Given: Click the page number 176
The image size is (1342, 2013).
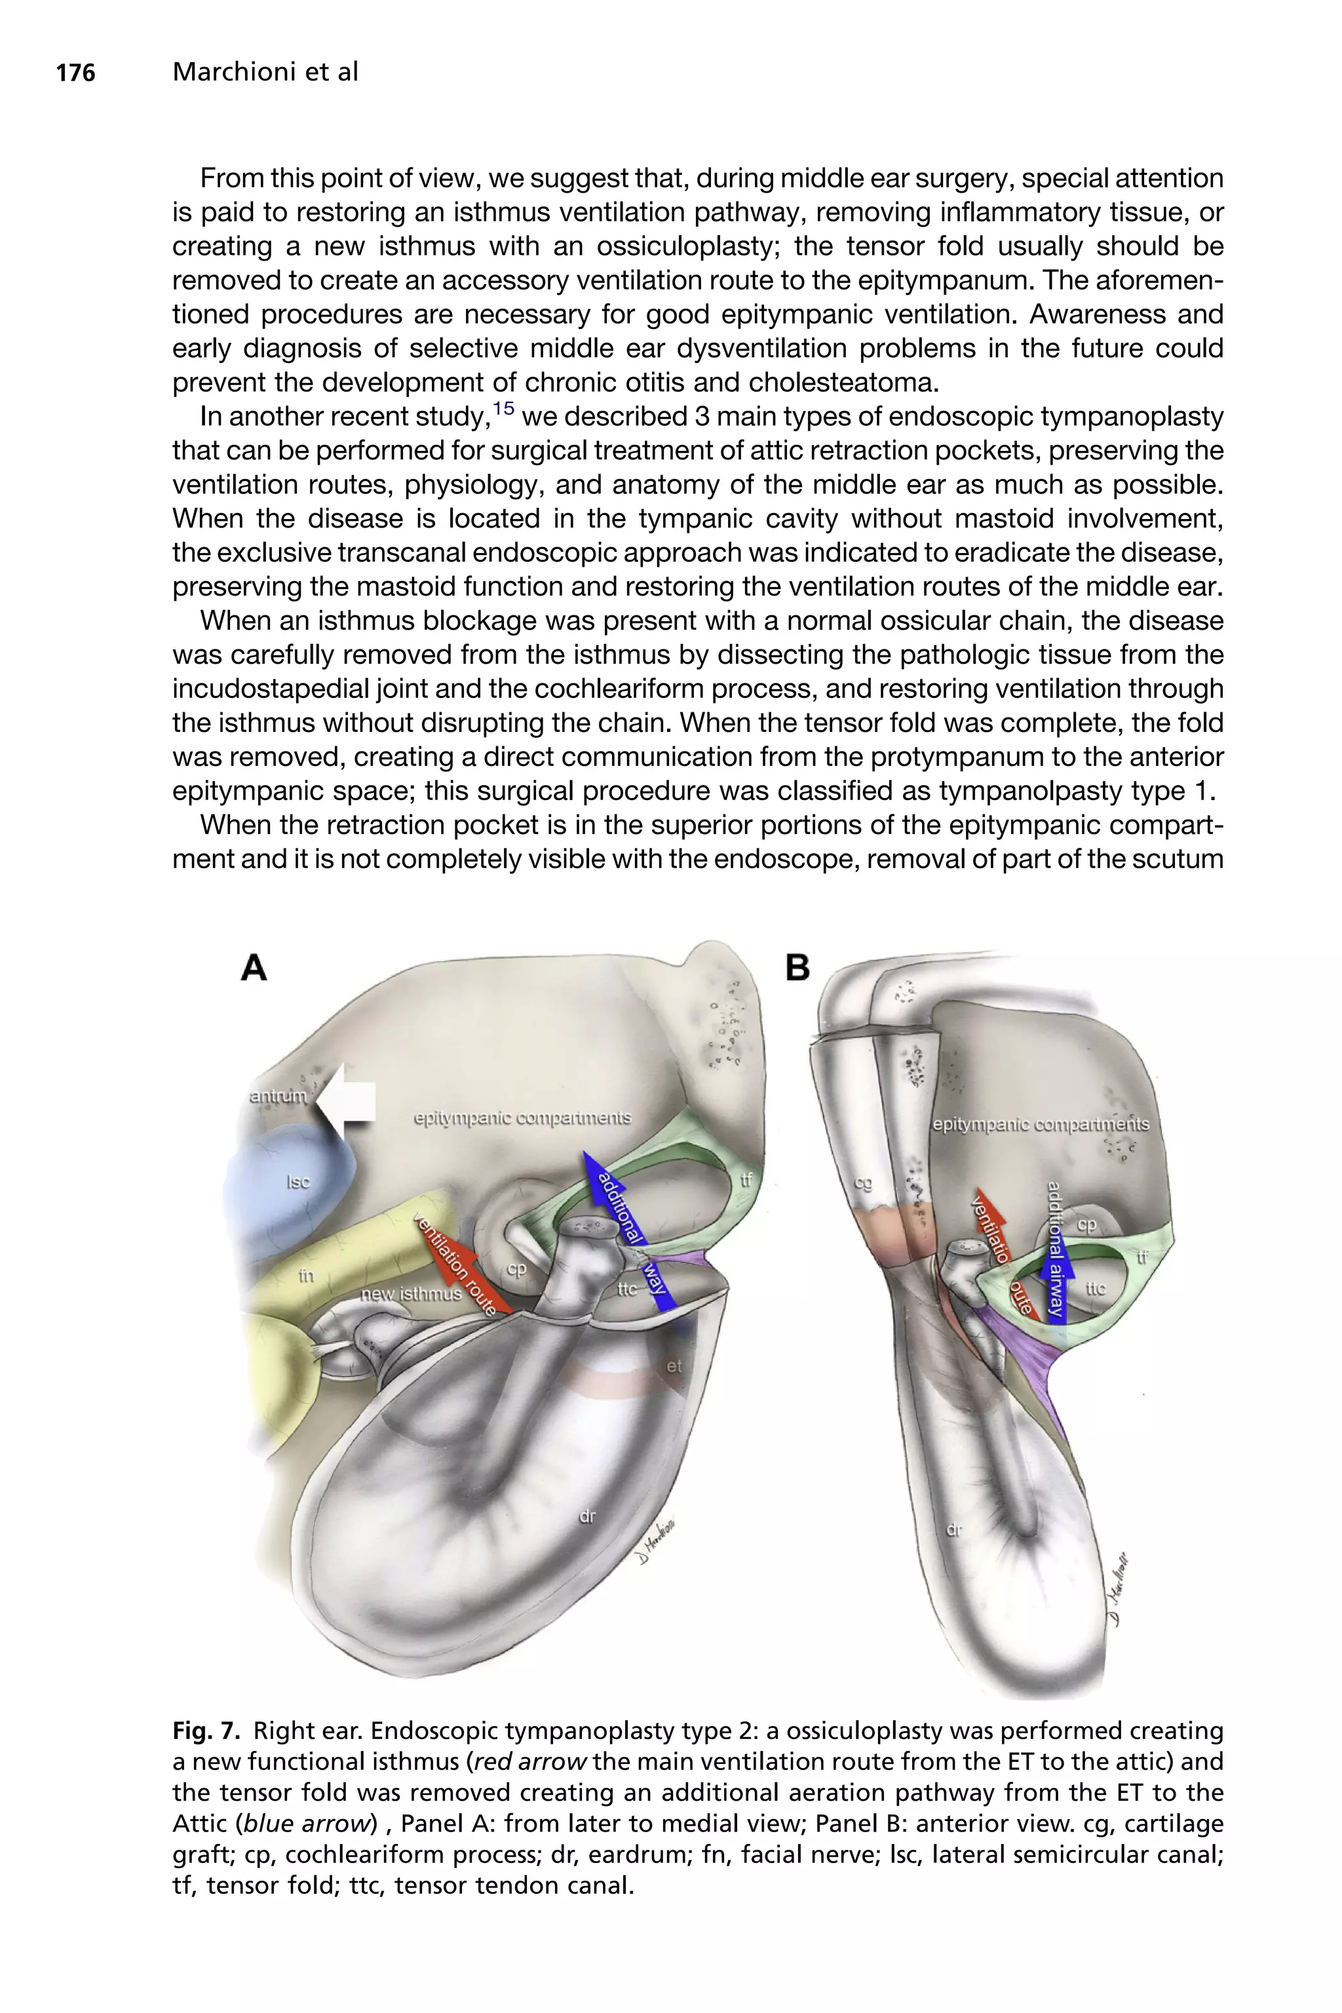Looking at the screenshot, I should (75, 73).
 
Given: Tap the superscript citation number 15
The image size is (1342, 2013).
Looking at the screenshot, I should (503, 408).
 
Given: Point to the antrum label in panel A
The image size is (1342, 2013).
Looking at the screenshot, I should (277, 1096).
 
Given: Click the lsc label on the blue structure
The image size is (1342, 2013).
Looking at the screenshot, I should (298, 1182).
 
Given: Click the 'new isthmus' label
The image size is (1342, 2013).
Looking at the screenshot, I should (411, 1294).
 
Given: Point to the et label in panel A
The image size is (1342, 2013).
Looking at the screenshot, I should (674, 1366).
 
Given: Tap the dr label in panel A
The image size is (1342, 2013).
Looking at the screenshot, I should (587, 1516).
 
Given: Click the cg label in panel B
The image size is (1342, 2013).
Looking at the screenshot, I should (863, 1183).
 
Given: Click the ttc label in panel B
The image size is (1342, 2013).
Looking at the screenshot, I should (1096, 1288).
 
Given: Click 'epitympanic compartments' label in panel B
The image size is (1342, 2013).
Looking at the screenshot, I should (1041, 1124).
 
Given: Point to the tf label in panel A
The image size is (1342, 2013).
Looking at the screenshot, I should (746, 1180).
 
